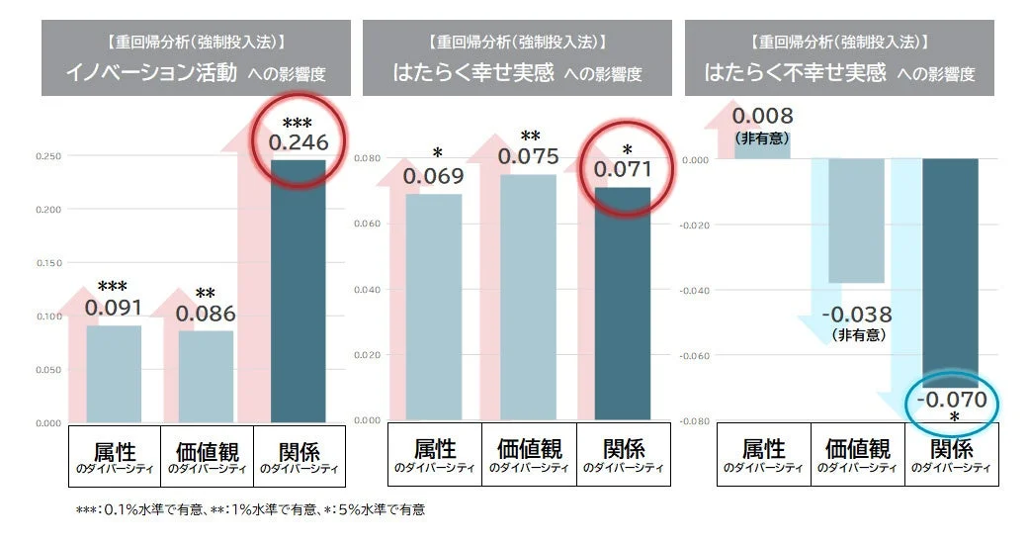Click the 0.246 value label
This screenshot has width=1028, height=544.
click(x=299, y=142)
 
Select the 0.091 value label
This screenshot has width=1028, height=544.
click(x=113, y=307)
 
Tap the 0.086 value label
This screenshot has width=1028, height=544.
click(x=206, y=315)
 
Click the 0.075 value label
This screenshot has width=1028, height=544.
click(x=528, y=156)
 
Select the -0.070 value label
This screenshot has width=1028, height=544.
click(x=951, y=401)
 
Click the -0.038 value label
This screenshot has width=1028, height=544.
click(x=856, y=316)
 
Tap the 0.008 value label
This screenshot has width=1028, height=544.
click(x=763, y=117)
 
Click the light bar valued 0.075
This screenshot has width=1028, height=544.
click(x=528, y=297)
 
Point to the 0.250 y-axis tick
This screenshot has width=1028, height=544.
click(x=47, y=156)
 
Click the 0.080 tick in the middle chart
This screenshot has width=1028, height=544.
click(x=368, y=158)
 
